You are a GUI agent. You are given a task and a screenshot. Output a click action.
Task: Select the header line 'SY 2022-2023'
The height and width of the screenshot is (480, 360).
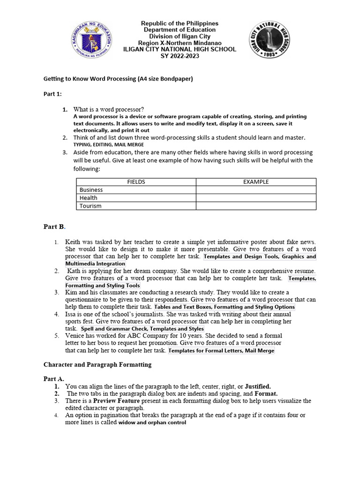[180, 56]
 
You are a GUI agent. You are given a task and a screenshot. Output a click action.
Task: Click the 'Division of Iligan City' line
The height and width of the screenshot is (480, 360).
[180, 37]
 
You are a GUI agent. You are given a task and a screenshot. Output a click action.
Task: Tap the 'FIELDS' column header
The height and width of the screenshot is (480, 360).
[136, 182]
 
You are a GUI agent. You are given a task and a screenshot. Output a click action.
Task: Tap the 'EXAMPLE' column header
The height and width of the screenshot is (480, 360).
[255, 182]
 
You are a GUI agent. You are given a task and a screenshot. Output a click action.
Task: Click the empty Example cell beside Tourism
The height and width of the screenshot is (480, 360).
[255, 206]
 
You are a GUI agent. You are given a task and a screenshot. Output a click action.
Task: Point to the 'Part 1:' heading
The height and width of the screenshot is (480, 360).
[53, 94]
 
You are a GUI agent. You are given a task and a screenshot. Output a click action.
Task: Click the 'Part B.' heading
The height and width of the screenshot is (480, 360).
[54, 227]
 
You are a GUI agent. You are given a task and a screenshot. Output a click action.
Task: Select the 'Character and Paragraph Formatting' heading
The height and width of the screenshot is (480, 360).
[97, 364]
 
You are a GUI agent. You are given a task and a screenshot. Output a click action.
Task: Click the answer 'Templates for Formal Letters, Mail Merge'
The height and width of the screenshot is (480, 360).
[221, 351]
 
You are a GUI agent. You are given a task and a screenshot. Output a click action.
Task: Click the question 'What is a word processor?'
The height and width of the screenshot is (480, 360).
[109, 109]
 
